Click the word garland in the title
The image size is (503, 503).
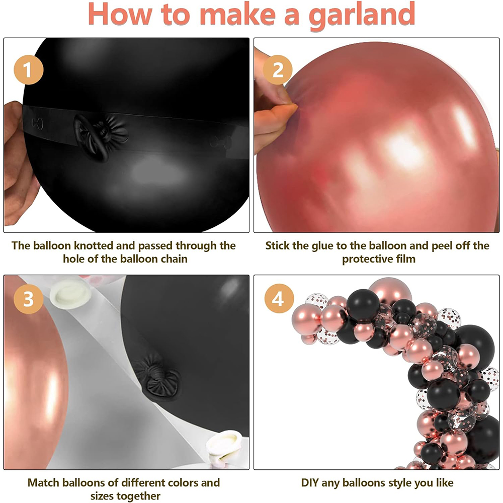pos(362,16)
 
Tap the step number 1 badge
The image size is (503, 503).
pos(28,69)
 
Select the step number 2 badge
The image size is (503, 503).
pos(278,69)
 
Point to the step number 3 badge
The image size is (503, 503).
pos(28,299)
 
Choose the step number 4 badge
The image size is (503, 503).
pos(279,299)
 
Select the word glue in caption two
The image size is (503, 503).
pos(323,246)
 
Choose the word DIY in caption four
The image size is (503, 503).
pos(309,482)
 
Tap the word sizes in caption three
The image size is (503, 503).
pos(103,496)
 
